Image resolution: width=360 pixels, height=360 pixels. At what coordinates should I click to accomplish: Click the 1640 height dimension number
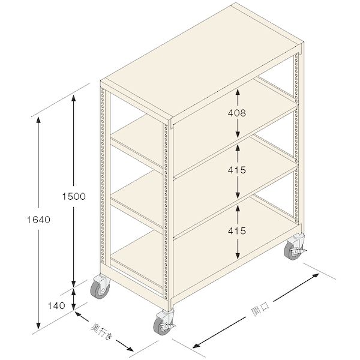click(38, 220)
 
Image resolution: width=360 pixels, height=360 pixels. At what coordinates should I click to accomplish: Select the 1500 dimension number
click(74, 196)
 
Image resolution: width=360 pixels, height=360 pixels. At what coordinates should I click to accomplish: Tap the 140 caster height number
click(56, 306)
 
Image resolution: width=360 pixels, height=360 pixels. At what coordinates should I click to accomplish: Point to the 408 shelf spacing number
click(237, 113)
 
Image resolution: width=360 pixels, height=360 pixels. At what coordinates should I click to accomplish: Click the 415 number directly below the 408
click(237, 170)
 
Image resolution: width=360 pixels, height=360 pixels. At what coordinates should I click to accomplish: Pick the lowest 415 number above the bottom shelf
click(237, 231)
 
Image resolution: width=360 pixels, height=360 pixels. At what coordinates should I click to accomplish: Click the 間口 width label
click(260, 309)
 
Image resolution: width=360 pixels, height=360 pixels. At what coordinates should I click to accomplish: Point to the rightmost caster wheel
click(293, 251)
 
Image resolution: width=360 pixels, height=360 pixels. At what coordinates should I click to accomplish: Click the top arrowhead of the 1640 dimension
click(38, 121)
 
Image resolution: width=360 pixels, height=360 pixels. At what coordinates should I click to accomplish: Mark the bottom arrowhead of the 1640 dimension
click(38, 325)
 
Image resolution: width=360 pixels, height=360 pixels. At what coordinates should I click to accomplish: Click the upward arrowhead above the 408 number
click(238, 92)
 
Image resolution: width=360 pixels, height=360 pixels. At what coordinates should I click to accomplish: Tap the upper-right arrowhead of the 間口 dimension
click(316, 275)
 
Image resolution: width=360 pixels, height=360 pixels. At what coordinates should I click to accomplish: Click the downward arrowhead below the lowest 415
click(238, 256)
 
